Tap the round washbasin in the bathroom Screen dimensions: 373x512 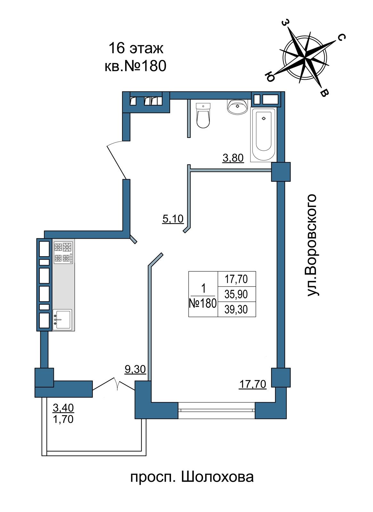237,107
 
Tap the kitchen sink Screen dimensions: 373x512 62,319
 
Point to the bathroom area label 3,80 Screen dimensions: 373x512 233,158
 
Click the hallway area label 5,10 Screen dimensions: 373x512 173,219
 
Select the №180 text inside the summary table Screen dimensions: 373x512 203,304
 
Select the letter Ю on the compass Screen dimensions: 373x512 270,77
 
